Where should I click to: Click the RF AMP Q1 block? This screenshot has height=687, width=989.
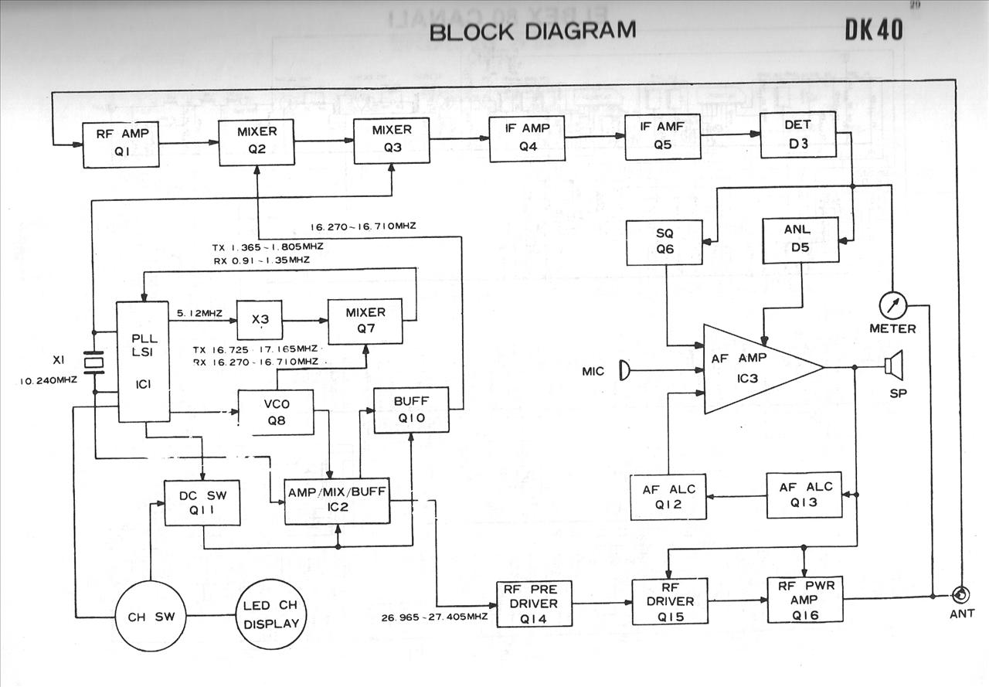121,145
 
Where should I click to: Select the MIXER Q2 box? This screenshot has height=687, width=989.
257,141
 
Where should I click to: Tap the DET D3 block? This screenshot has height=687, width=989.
797,134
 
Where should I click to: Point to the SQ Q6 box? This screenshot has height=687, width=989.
664,242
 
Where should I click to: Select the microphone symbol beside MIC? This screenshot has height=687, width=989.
625,372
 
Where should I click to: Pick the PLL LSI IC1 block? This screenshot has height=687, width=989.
143,362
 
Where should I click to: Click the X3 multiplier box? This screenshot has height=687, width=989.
259,319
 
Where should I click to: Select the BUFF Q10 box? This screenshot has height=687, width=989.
410,410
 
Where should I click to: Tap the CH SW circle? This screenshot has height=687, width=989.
152,617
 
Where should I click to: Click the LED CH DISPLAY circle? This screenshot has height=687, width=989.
271,616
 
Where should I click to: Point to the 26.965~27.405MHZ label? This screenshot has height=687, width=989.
434,617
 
